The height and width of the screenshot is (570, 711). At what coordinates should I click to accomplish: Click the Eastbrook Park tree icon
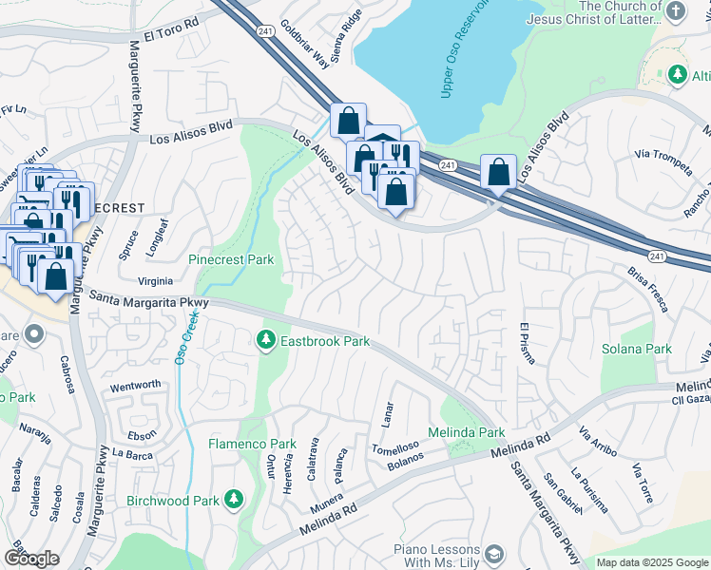(267, 339)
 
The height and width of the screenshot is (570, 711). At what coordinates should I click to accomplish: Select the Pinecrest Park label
(231, 259)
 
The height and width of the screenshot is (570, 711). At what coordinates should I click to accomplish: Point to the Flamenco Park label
(253, 444)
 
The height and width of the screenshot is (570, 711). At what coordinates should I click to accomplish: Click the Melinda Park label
(472, 432)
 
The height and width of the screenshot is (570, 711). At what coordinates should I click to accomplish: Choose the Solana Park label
(636, 349)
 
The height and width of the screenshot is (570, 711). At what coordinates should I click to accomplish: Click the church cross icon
(676, 11)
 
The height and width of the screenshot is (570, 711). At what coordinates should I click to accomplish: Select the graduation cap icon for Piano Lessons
(493, 554)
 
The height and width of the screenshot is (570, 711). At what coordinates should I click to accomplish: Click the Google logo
(31, 559)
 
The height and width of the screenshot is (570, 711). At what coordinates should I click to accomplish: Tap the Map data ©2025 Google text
(651, 562)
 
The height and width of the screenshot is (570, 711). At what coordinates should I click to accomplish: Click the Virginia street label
(156, 281)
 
